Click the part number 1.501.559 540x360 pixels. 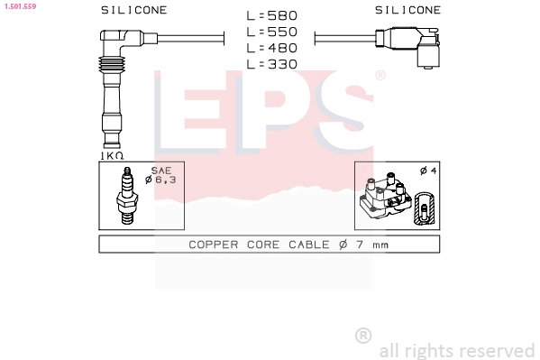pos(20,6)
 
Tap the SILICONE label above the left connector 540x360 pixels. pos(134,10)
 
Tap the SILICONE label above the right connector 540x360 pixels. pos(407,10)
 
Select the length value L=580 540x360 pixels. pos(271,15)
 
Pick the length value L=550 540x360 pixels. pos(271,32)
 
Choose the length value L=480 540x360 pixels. pos(271,48)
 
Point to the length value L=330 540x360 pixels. pos(271,64)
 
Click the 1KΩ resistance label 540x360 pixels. pos(112,156)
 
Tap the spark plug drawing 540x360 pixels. pos(127,196)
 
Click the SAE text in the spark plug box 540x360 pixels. pos(161,171)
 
